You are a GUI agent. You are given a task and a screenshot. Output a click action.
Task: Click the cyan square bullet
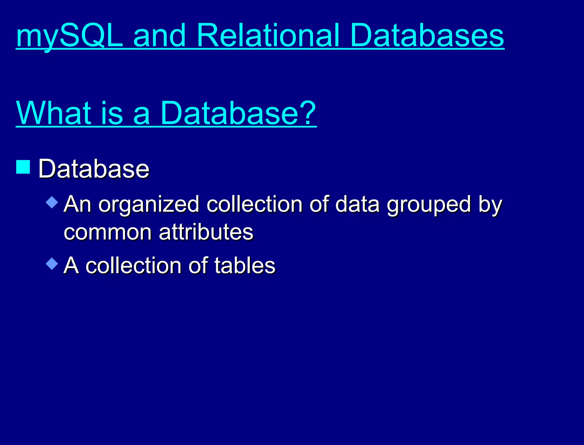coord(23,167)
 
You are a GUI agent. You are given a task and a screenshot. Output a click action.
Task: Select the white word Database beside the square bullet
coord(94,169)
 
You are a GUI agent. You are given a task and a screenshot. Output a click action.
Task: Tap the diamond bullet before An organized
coord(52,202)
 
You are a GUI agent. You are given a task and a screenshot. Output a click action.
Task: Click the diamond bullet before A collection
coord(52,264)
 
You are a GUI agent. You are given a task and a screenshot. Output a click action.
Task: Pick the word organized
coord(149,205)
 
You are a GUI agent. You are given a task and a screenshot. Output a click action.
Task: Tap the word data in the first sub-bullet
coord(357,204)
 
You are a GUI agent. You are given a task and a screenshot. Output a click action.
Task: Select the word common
coord(108,232)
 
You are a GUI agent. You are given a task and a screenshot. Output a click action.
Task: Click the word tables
coord(245,265)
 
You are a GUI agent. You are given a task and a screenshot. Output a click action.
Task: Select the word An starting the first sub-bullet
coord(77,204)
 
